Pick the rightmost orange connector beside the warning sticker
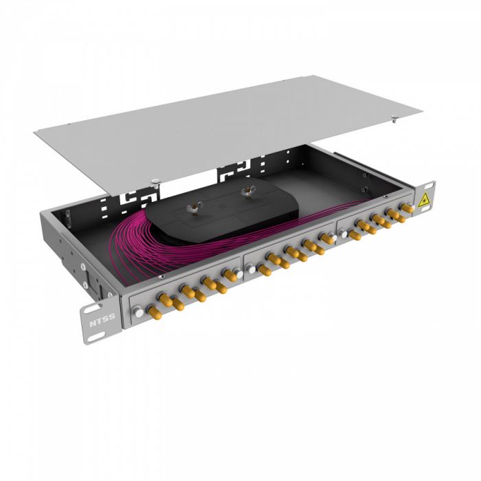(406, 208)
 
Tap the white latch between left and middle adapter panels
(237, 273)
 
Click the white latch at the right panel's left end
(342, 234)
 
